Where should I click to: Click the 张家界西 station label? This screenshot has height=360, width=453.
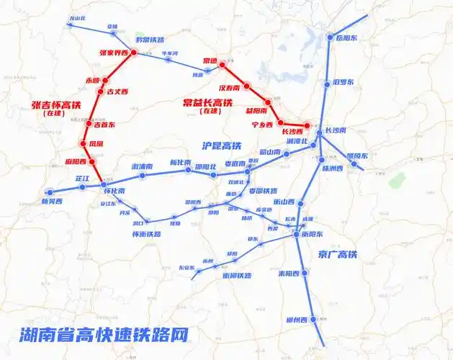118,53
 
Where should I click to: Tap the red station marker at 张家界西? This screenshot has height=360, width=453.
135,53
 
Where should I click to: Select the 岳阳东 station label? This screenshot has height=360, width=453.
347,37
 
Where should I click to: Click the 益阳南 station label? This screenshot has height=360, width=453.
256,111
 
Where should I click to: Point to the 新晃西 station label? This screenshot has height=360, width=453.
52,202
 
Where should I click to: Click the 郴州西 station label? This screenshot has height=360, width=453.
296,320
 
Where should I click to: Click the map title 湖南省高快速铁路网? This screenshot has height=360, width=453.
104,335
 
